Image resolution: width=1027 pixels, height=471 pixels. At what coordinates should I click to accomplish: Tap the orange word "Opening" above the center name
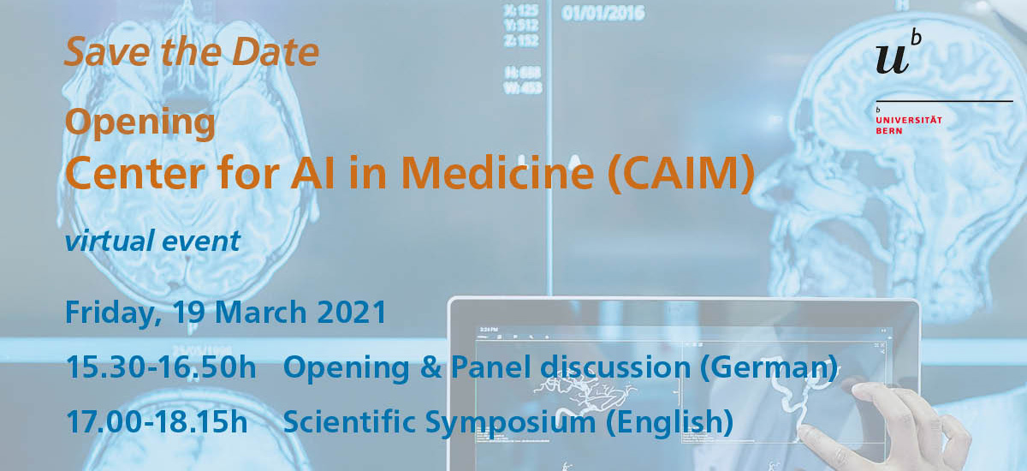(x=140, y=123)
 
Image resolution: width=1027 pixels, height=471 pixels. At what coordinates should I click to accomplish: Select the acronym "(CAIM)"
(x=681, y=172)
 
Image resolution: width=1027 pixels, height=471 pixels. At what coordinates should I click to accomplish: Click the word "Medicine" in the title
(x=497, y=172)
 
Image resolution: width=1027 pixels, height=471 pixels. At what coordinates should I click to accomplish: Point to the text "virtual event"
(x=152, y=241)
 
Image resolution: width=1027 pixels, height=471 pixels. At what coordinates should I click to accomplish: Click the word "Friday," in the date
(x=113, y=313)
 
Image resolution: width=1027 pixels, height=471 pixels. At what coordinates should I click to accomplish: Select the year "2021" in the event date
(x=352, y=313)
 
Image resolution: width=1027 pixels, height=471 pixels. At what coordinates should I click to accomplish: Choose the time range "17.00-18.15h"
(x=157, y=421)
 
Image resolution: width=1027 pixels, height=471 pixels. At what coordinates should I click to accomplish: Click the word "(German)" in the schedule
(x=769, y=368)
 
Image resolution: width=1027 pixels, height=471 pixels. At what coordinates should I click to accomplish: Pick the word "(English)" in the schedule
(x=669, y=422)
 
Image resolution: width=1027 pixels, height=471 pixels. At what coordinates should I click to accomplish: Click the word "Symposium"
(x=510, y=423)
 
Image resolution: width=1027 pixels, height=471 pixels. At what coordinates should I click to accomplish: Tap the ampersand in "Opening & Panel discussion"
(x=431, y=367)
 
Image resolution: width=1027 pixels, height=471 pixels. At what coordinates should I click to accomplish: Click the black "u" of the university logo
(x=892, y=60)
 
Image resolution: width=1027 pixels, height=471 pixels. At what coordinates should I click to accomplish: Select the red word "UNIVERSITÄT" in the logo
(x=909, y=120)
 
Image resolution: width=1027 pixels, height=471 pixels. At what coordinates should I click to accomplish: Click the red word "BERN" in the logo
(x=889, y=131)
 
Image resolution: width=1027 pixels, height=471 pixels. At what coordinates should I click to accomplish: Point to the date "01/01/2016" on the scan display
(x=603, y=14)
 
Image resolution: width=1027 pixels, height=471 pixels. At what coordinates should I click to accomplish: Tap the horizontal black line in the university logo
(x=945, y=101)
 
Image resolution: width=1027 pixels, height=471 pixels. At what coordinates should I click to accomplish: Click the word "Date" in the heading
(x=275, y=52)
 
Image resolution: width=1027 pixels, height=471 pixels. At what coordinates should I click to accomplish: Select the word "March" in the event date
(x=261, y=313)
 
